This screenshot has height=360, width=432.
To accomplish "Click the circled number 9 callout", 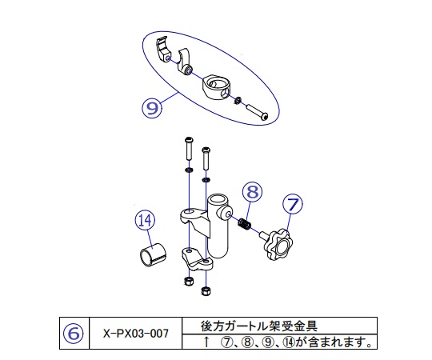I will [x=152, y=106].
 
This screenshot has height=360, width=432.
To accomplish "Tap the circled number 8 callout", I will [x=253, y=191].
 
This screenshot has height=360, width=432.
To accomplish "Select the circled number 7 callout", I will [x=292, y=206].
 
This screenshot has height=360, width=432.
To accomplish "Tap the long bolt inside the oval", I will [x=257, y=111].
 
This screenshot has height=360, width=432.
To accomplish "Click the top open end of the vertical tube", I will [x=218, y=198].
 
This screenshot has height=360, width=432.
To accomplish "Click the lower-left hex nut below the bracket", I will [x=187, y=282].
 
